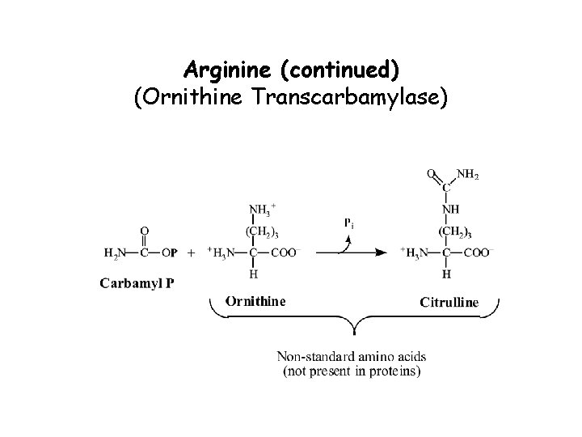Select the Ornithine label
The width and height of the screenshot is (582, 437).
255,301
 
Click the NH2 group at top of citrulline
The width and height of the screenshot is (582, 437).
468,172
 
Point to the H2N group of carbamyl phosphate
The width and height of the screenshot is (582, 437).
115,252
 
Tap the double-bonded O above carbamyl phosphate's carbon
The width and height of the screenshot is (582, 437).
145,231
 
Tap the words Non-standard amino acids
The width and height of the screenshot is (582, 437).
352,356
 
